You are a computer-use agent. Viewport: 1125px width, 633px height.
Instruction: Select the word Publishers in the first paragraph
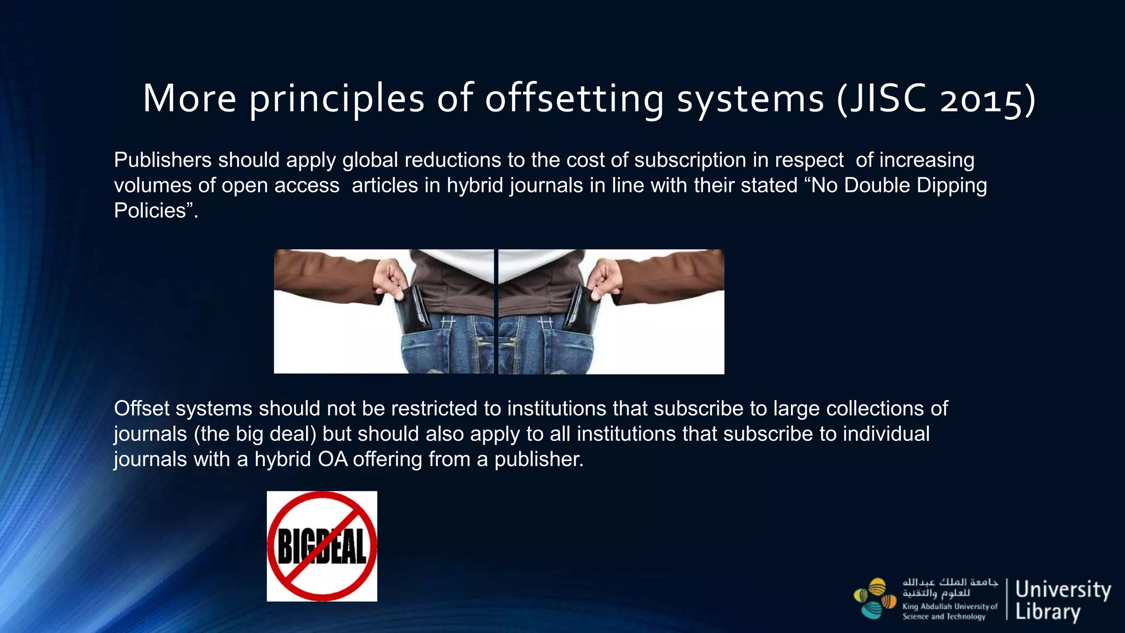(163, 160)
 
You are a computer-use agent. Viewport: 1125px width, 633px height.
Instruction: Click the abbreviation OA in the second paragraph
(333, 459)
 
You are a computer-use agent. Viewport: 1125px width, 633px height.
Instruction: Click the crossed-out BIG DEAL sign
(322, 546)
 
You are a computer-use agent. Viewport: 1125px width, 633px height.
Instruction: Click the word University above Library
(1063, 590)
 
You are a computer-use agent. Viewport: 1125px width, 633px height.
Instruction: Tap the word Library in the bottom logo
(1048, 612)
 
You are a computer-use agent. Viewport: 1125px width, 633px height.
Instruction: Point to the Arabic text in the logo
(950, 587)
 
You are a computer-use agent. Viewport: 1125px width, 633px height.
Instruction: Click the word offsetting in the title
(574, 99)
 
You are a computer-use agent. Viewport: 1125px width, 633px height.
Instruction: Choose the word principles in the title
(337, 100)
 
